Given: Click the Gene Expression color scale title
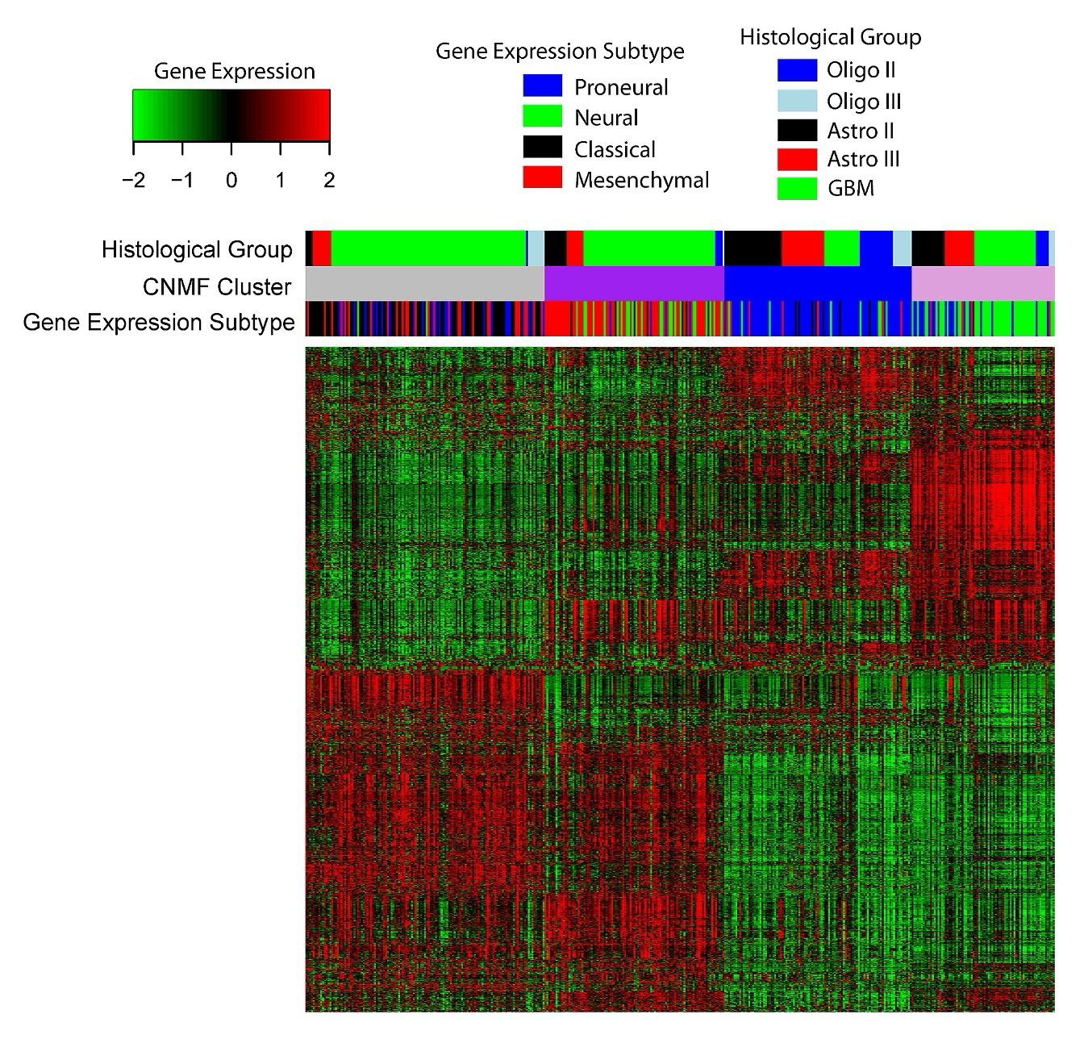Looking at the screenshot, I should [234, 71].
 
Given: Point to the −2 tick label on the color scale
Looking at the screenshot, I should [133, 180].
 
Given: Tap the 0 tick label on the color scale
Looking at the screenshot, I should [231, 180].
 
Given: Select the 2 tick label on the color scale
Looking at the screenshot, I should [329, 180].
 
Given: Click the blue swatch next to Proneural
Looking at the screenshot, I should [542, 86].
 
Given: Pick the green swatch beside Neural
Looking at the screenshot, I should [542, 117].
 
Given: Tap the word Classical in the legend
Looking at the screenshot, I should [615, 149].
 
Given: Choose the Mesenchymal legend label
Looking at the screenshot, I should [641, 180].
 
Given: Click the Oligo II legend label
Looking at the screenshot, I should [861, 70].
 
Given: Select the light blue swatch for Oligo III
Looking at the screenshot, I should [797, 101].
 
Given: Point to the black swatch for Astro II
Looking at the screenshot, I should [797, 130].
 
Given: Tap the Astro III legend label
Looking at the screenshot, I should [863, 159].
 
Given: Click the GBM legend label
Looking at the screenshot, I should [850, 189].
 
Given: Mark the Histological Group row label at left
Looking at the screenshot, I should [197, 250].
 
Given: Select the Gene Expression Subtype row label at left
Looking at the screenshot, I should [158, 322].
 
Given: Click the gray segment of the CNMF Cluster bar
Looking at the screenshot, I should [425, 285].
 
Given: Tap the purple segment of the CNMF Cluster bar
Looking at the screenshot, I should [634, 285].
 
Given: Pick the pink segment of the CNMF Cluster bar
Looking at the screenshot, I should [982, 285].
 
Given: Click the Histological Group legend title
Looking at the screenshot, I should [830, 37].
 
